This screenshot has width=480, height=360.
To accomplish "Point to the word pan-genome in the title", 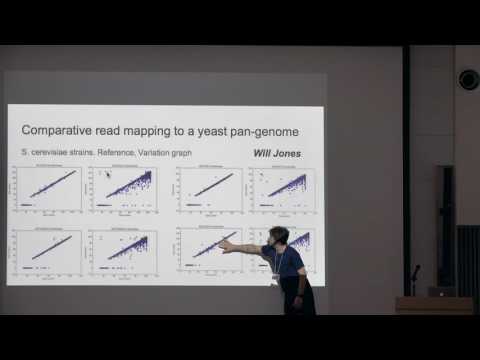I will (265, 131).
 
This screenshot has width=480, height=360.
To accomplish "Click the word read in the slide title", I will (110, 131).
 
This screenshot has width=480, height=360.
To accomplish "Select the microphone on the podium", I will (415, 272).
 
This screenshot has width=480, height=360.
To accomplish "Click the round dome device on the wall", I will (468, 79).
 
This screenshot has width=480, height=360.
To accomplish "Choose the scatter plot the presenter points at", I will (207, 251).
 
